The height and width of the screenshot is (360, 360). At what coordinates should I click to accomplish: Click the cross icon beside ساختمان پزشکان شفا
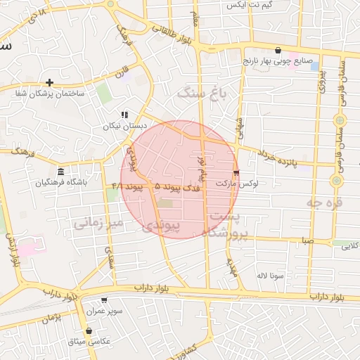pyautogui.click(x=49, y=82)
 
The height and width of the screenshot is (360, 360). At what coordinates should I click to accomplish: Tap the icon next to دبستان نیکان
pyautogui.click(x=124, y=115)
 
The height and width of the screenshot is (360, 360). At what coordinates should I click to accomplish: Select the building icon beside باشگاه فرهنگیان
pyautogui.click(x=61, y=172)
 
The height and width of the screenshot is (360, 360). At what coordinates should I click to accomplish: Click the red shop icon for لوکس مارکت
pyautogui.click(x=236, y=172)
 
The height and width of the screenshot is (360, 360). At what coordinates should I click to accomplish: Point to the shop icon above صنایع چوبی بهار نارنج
pyautogui.click(x=280, y=51)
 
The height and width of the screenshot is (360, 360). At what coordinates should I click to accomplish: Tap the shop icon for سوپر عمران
pyautogui.click(x=104, y=300)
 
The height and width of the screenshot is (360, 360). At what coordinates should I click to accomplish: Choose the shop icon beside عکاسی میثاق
pyautogui.click(x=89, y=330)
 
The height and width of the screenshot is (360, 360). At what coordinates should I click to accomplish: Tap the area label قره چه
pyautogui.click(x=323, y=202)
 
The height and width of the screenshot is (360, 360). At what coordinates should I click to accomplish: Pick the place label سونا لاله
pyautogui.click(x=270, y=275)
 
